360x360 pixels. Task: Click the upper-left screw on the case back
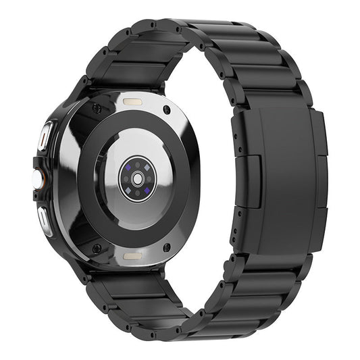tap(97, 108)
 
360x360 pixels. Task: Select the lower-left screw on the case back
tap(97, 248)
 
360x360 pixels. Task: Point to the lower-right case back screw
tap(166, 247)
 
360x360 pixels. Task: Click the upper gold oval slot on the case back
tap(132, 101)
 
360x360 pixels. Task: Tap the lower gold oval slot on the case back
tap(132, 256)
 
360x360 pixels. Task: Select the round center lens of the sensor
tap(137, 178)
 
